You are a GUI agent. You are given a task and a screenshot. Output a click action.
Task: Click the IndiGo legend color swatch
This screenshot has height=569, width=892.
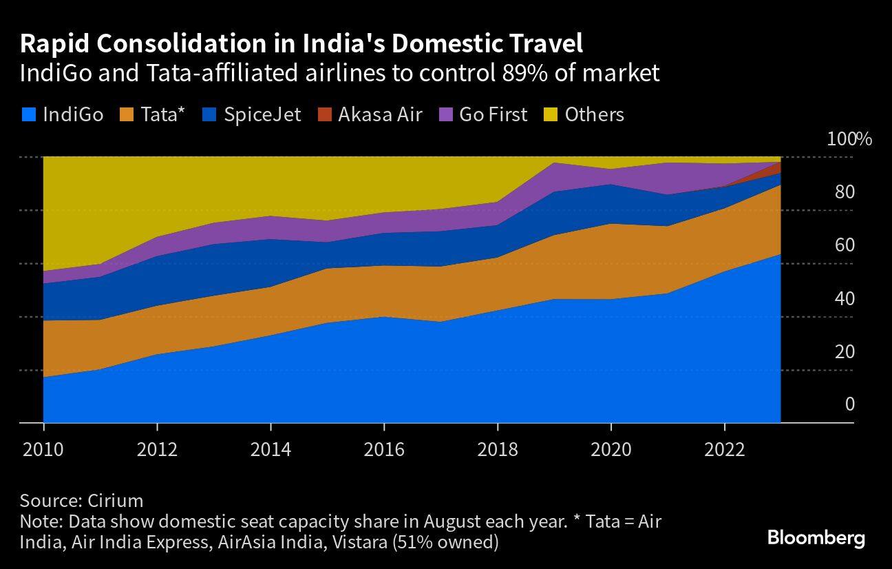[x=28, y=114]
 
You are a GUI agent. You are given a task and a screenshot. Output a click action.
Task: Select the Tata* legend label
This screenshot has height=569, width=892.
[x=162, y=114]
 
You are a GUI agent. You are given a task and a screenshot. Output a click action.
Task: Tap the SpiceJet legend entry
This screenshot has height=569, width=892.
[x=262, y=114]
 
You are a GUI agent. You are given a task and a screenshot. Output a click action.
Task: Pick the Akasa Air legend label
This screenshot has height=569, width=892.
[x=380, y=114]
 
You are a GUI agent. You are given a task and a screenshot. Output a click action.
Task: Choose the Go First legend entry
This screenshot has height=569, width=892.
[x=493, y=114]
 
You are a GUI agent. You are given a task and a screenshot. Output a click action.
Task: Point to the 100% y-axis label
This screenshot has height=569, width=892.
[x=849, y=139]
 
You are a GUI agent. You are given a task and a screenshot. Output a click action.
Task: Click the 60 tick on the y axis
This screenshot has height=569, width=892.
[x=845, y=246]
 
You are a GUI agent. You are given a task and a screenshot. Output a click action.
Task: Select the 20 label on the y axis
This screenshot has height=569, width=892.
[x=845, y=352]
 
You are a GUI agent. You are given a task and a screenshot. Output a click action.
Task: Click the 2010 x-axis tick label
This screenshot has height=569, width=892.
[x=43, y=449]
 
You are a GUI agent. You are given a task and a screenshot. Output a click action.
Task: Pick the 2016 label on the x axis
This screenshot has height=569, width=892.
[x=384, y=449]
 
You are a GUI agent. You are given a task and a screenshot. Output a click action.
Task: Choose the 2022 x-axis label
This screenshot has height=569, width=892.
[x=724, y=449]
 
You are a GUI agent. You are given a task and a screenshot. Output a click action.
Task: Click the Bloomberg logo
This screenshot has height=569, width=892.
[x=816, y=538]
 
